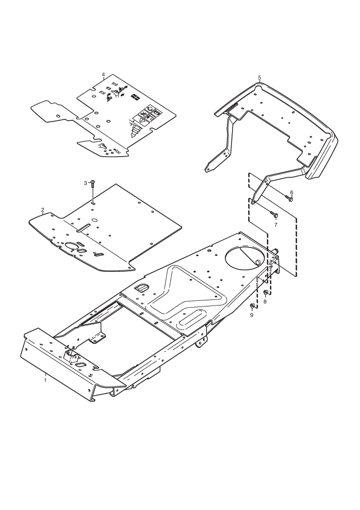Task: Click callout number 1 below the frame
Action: coord(45,380)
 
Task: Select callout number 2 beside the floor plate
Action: coord(43,210)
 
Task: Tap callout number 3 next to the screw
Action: coord(86,184)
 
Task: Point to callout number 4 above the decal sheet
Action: coord(104,74)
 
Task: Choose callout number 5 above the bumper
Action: coord(259,78)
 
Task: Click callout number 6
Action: coord(291,193)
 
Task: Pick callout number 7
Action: coord(276,225)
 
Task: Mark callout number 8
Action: coord(265,301)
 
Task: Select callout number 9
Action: coord(251,315)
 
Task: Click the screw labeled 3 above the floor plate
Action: coord(93,184)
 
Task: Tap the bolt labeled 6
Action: coord(289,198)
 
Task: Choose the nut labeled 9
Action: coord(252,306)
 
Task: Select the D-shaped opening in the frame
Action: coord(141,287)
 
